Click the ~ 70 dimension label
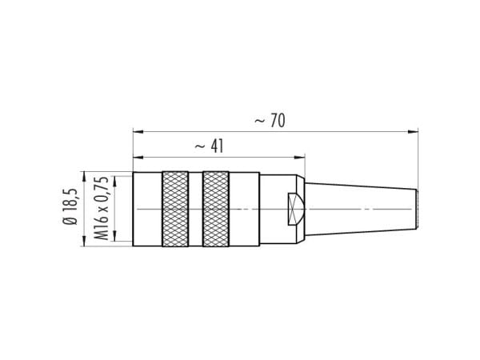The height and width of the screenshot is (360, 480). point(270,120)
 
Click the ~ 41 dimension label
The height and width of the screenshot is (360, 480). point(210,146)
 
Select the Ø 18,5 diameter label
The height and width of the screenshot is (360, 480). point(70,206)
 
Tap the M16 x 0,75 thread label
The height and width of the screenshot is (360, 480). point(101,209)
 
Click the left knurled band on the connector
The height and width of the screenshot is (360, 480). point(175,209)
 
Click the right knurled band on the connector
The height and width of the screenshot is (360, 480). point(216,209)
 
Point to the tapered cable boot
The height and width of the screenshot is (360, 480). point(362,210)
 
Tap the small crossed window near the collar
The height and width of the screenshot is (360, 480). point(295,210)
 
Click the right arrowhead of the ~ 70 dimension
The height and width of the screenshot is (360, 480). point(414,132)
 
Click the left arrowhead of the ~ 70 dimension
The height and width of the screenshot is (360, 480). point(138,132)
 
